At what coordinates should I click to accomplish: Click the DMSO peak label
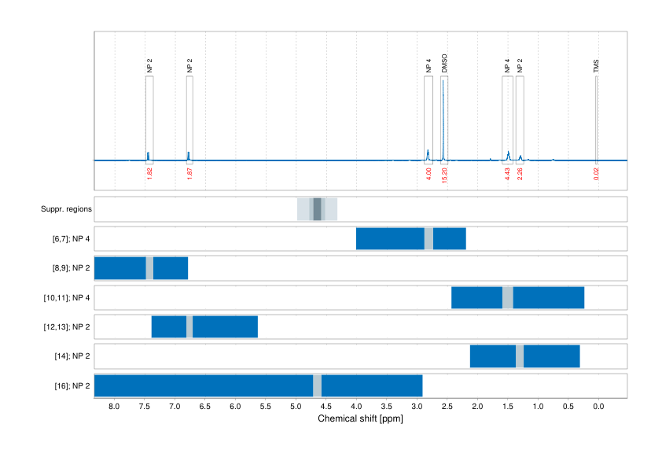pos(444,64)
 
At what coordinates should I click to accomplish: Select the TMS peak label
pos(596,66)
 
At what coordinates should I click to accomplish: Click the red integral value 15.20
pos(445,174)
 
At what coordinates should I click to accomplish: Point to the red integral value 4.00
pos(428,173)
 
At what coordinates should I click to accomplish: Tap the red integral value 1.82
pos(149,173)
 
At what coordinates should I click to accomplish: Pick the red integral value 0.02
pos(596,173)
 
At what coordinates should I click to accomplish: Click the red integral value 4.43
pos(508,173)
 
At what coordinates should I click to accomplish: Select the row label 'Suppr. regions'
pos(67,209)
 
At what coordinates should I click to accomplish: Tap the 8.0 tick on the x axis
pos(115,407)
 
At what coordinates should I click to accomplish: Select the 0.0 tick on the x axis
pos(598,407)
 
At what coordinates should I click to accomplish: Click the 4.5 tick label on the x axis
pos(326,407)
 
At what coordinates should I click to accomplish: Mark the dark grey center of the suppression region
pos(318,209)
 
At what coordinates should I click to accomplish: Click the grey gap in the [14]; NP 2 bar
pos(520,356)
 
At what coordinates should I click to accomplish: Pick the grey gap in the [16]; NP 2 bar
pos(317,386)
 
